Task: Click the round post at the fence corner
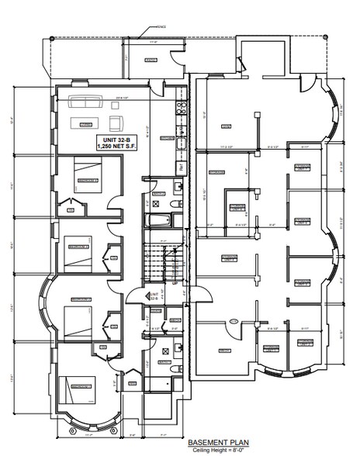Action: click(x=50, y=38)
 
